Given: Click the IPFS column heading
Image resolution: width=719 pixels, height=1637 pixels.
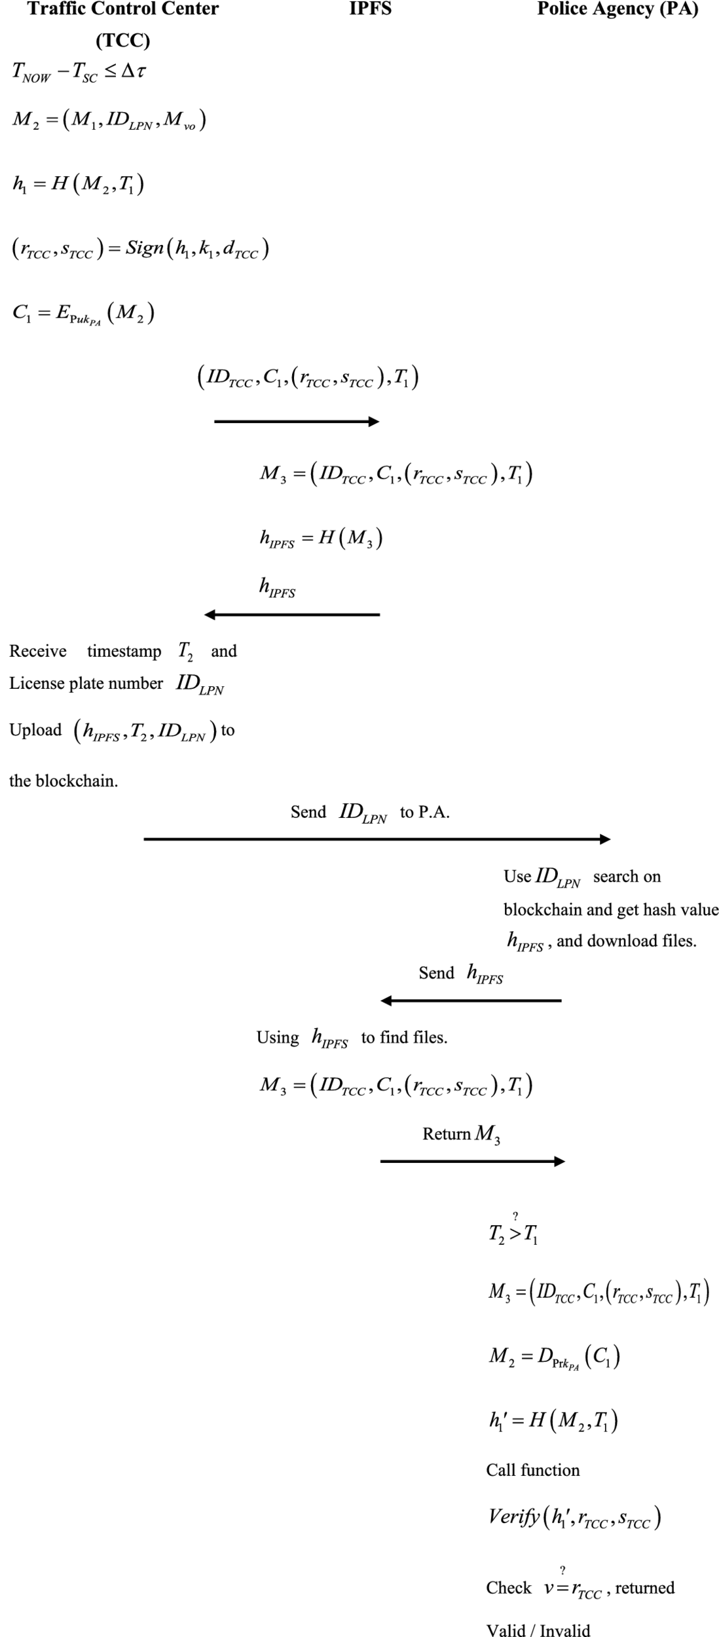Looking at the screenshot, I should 370,9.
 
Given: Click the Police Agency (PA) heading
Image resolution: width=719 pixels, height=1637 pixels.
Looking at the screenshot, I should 617,9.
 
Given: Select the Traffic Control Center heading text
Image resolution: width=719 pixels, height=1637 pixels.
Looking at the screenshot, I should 122,9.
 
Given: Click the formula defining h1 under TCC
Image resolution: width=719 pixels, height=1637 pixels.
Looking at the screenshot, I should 79,184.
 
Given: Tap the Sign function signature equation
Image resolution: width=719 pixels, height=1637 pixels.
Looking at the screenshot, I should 140,249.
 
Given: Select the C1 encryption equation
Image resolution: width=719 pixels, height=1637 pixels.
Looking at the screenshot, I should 83,314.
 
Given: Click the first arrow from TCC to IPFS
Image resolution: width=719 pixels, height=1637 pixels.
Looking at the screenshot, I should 296,422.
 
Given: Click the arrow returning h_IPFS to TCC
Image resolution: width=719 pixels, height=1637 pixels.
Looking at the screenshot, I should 292,615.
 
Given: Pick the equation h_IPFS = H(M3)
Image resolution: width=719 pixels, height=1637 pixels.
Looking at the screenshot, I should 321,538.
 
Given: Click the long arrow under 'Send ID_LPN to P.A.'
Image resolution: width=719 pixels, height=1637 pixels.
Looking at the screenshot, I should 377,839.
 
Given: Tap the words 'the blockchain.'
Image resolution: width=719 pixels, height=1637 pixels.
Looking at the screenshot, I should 64,781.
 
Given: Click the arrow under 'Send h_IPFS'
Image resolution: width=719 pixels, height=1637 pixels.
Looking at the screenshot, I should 471,1001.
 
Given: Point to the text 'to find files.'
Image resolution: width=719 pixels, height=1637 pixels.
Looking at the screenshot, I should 404,1037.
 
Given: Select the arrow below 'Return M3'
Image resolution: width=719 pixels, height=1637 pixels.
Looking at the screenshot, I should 472,1162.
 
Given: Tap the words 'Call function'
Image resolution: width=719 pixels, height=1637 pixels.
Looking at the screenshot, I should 532,1470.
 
